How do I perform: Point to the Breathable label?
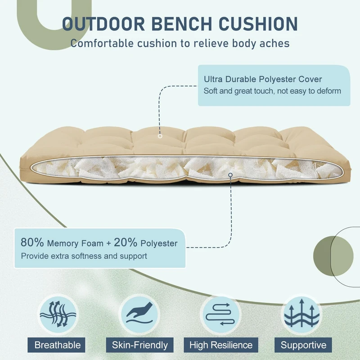[58, 345]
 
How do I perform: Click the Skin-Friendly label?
[139, 345]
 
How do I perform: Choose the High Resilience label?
[220, 345]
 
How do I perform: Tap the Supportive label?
[303, 345]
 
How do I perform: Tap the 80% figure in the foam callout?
[32, 243]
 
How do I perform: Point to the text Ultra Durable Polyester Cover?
[263, 79]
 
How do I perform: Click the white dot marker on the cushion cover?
[160, 135]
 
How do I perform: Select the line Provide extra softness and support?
[84, 256]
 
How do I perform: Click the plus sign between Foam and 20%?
[108, 243]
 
